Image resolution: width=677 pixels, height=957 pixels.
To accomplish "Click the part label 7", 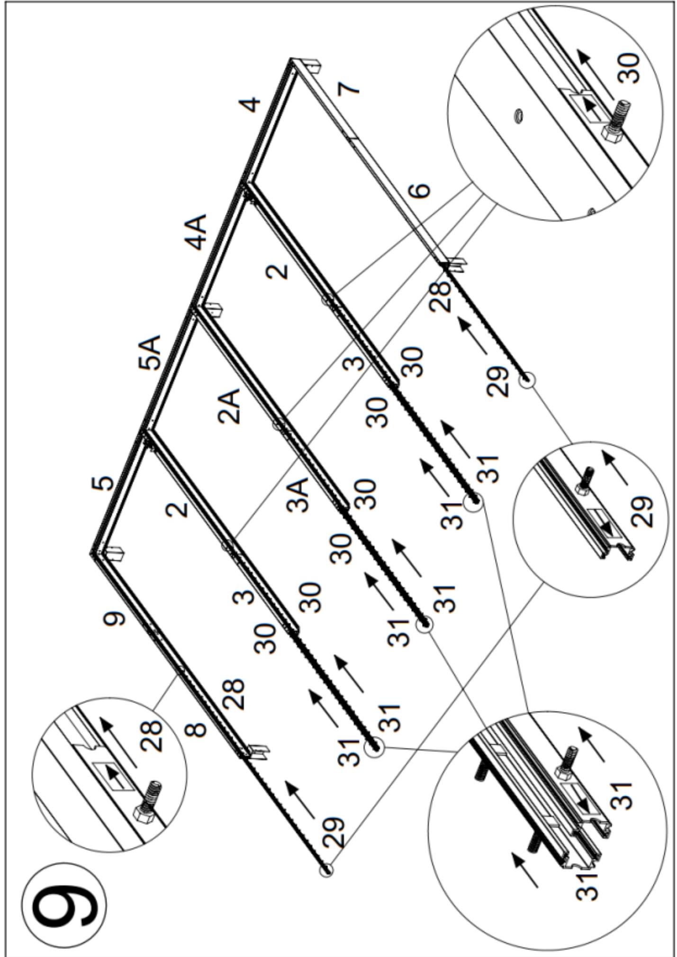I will pyautogui.click(x=349, y=87).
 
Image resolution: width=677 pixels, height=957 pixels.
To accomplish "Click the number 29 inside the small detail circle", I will pyautogui.click(x=643, y=512).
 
